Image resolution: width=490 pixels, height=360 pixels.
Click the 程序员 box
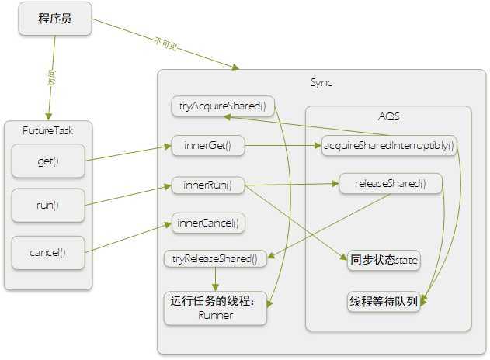tap(55, 19)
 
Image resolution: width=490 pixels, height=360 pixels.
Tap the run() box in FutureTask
tap(48, 206)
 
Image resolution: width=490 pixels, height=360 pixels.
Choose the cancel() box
tap(48, 252)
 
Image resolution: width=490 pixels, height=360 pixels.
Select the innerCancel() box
tap(208, 223)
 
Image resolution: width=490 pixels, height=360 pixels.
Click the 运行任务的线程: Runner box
tap(215, 308)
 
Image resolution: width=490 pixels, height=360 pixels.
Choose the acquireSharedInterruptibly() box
tap(388, 145)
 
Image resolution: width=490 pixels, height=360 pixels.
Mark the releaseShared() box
tap(391, 183)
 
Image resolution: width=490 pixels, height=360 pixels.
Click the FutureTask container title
tap(47, 131)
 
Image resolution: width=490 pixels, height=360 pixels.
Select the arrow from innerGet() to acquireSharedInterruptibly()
tap(283, 145)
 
